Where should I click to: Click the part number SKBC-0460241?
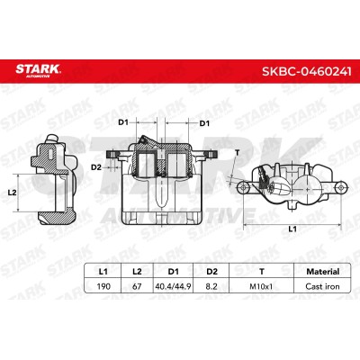pos(307,71)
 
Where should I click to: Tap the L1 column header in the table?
pos(103,272)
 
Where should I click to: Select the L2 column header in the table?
pos(137,272)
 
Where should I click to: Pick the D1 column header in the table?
pos(173,272)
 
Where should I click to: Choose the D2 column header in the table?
pos(211,272)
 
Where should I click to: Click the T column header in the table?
pos(262,272)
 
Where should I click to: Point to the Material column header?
pos(323,272)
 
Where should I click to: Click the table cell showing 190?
pos(103,286)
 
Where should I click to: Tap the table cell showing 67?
pos(137,286)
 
